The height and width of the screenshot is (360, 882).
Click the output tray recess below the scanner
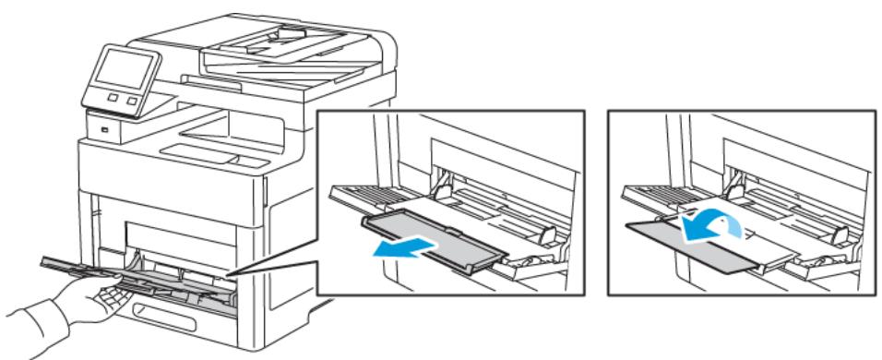click(198, 148)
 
